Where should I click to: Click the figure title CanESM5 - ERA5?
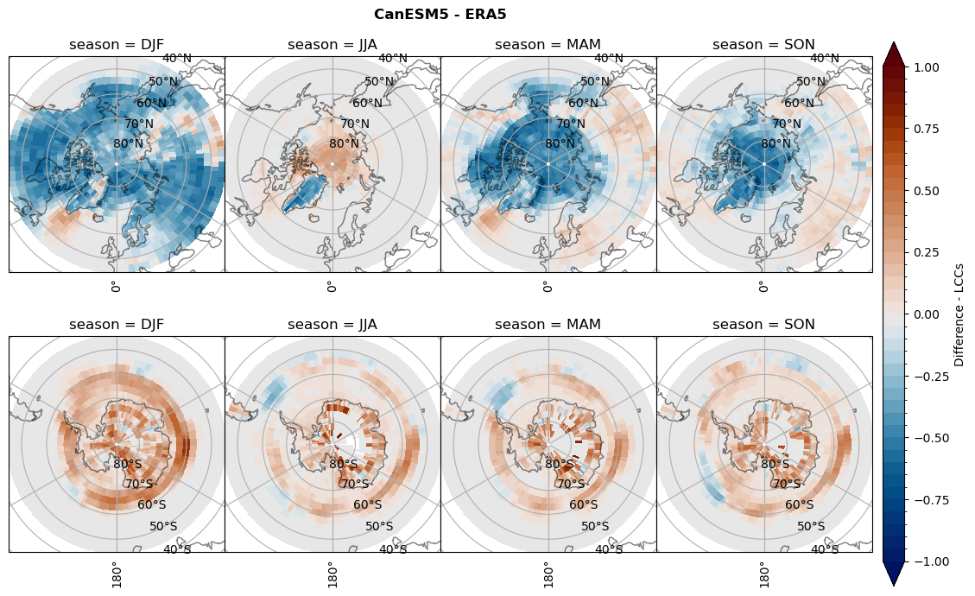(x=440, y=14)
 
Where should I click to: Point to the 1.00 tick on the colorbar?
(x=927, y=67)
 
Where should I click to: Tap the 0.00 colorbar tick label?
(x=927, y=314)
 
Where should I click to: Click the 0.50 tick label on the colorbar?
(x=927, y=190)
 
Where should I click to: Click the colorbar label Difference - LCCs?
(x=959, y=314)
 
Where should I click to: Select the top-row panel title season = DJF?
(x=117, y=44)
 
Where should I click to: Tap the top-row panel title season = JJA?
(x=332, y=44)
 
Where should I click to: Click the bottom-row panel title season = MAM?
(x=548, y=325)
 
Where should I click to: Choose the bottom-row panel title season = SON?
(x=764, y=325)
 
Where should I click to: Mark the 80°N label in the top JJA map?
(x=344, y=143)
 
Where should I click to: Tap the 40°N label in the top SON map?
(x=825, y=58)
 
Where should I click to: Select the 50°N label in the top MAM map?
(x=594, y=82)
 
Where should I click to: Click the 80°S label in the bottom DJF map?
(x=128, y=464)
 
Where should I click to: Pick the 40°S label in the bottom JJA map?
(x=393, y=549)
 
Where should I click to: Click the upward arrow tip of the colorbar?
(x=894, y=42)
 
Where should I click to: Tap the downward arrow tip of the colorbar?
(x=894, y=585)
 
